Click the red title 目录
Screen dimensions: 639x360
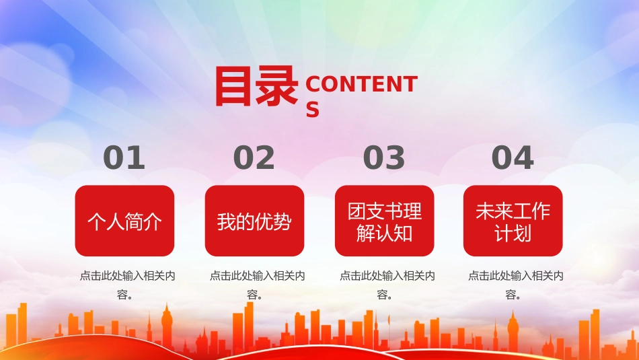coord(256,86)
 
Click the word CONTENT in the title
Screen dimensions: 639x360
coord(361,84)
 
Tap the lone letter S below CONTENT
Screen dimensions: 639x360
coord(313,110)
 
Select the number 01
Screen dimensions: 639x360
coord(124,157)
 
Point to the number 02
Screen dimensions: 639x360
coord(254,157)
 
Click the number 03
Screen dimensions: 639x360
coord(384,157)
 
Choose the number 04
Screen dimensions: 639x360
coord(513,157)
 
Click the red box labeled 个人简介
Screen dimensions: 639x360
coord(124,221)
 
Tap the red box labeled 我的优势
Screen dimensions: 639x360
coord(255,221)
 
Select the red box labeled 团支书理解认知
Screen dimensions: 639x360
coord(384,221)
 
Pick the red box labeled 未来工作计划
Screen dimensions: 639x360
coord(513,221)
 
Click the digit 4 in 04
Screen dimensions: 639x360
coord(523,157)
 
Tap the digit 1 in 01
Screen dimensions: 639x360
coord(136,157)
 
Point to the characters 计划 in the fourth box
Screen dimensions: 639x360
coord(513,233)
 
